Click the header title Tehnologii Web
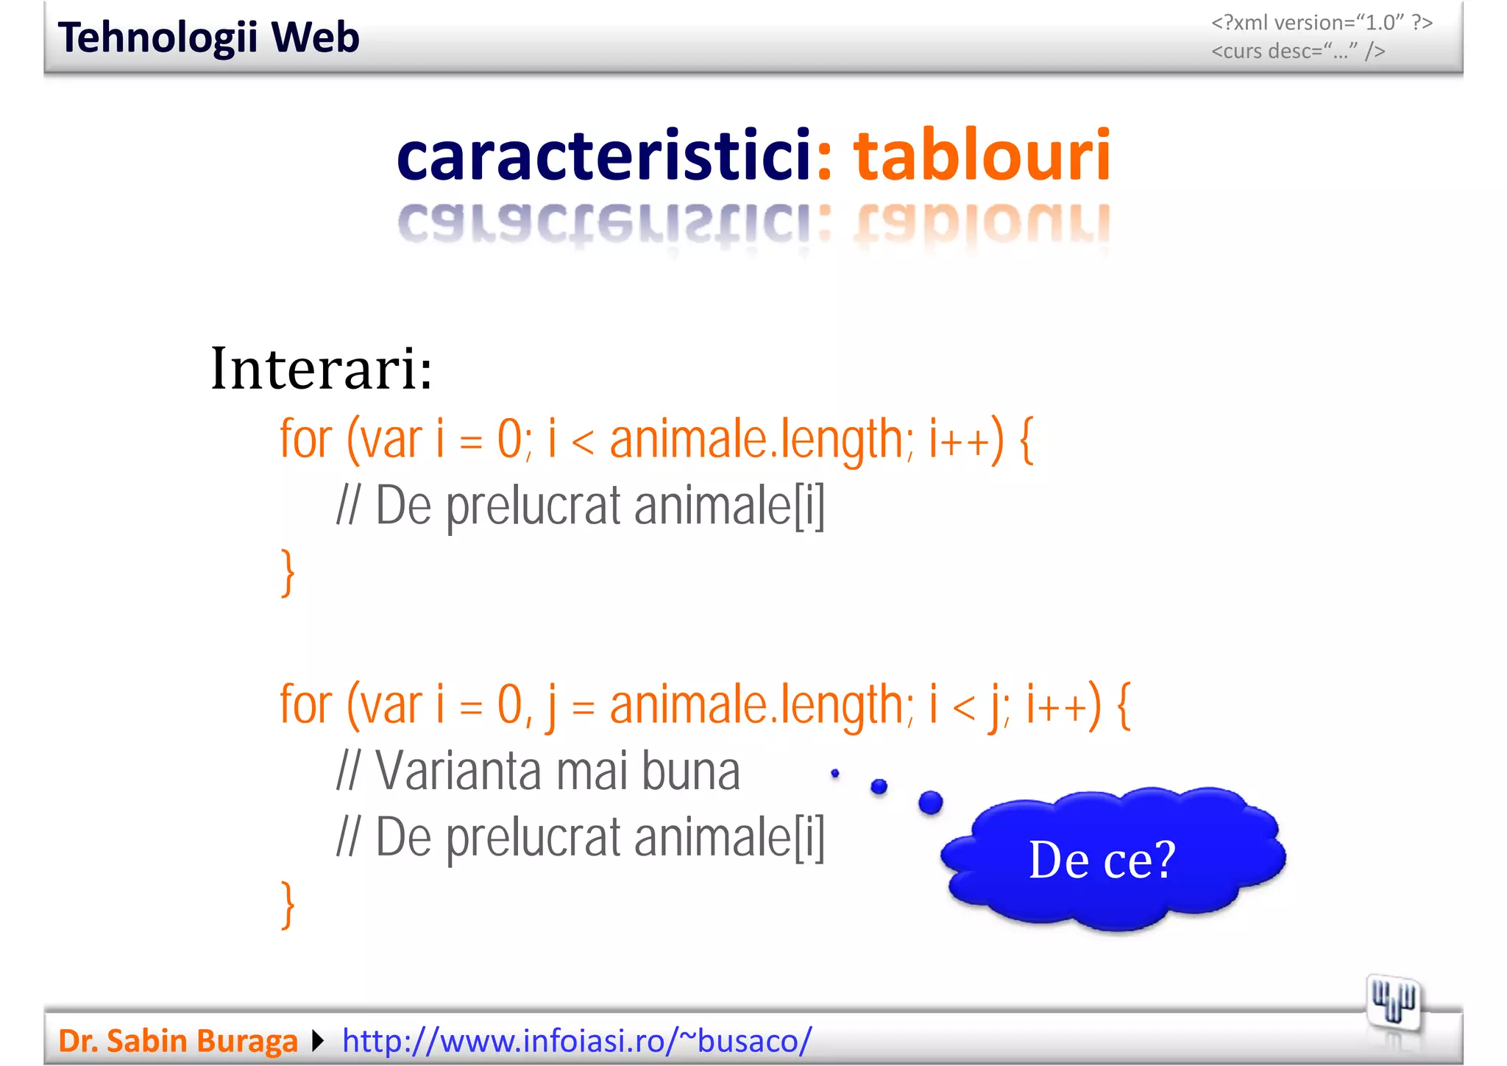point(208,38)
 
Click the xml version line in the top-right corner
point(1322,23)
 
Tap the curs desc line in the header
point(1298,51)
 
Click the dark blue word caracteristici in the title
point(603,155)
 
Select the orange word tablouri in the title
point(982,155)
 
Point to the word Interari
point(322,368)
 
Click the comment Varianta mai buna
point(539,772)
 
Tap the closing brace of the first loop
point(288,572)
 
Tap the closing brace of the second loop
point(288,905)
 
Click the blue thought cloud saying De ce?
point(1111,858)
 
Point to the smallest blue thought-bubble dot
point(834,773)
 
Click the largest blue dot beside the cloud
point(930,802)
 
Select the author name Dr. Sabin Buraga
point(177,1041)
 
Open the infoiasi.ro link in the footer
point(577,1041)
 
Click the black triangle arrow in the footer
point(318,1041)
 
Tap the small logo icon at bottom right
point(1393,1003)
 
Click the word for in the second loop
point(306,705)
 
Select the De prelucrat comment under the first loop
point(580,506)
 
